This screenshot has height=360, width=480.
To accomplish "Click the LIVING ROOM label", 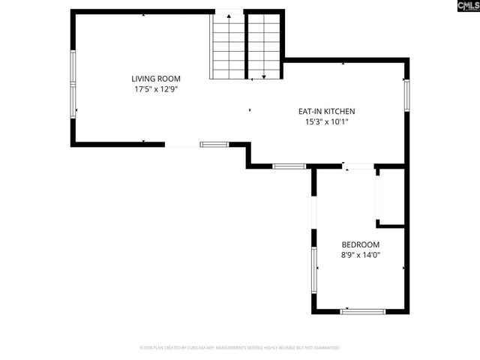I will point(156,79).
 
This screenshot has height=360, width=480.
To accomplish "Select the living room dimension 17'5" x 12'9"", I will point(156,89).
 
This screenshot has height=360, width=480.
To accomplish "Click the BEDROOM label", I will point(361,244).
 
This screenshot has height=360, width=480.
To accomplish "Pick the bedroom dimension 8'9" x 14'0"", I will point(361,255).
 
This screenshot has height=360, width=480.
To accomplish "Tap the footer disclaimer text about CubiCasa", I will point(240,348).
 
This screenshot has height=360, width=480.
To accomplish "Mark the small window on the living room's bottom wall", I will point(214,143).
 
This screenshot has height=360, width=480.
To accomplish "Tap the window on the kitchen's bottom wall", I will point(289,166).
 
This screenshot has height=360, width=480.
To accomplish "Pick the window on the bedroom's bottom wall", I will point(363,310).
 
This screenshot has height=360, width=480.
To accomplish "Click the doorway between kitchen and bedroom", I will point(358,166).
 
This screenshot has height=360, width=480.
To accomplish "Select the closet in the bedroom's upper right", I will point(391,196).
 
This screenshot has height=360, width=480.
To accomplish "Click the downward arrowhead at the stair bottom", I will point(263,76).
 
